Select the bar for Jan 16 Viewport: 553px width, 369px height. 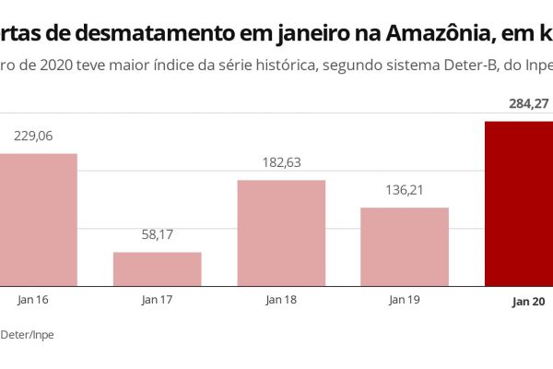point(38,220)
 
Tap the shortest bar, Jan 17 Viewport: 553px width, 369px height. point(157,268)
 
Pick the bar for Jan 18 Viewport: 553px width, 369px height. point(281,232)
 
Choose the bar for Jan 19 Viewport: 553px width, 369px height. point(404,246)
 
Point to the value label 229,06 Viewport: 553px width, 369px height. point(35,136)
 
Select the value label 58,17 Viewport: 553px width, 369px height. point(157,235)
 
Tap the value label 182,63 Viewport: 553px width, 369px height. point(281,162)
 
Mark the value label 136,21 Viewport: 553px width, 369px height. point(404,191)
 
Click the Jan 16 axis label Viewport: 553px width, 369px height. point(33,300)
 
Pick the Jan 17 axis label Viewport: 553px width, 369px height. point(157,300)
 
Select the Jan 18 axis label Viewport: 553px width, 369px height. point(281,300)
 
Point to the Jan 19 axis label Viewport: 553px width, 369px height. point(404,300)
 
